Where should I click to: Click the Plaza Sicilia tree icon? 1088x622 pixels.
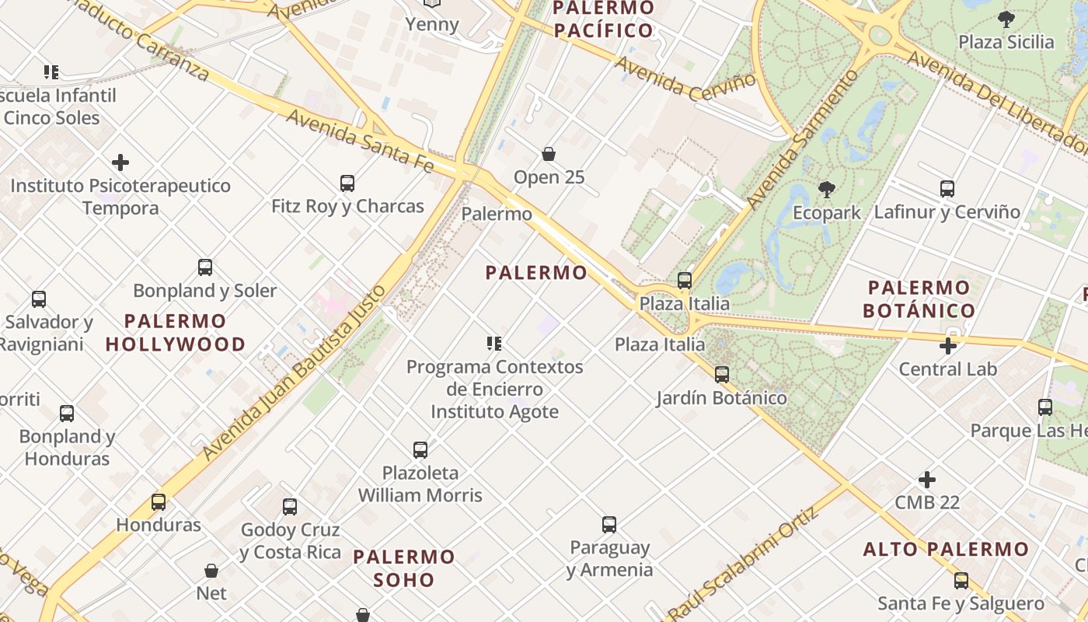pyautogui.click(x=1006, y=19)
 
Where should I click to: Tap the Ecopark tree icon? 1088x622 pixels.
pyautogui.click(x=827, y=190)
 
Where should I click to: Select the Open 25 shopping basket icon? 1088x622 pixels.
pyautogui.click(x=549, y=154)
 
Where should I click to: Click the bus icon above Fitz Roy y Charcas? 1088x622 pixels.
pyautogui.click(x=347, y=183)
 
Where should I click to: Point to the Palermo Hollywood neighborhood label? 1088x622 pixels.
pyautogui.click(x=176, y=332)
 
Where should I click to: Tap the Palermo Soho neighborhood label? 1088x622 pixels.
pyautogui.click(x=404, y=568)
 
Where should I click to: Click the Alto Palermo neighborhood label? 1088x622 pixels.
pyautogui.click(x=946, y=549)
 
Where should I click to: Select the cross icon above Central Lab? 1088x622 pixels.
pyautogui.click(x=948, y=346)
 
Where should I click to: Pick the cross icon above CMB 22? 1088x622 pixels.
pyautogui.click(x=927, y=480)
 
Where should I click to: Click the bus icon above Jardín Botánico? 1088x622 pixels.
pyautogui.click(x=722, y=375)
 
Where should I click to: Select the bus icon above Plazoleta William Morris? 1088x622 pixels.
pyautogui.click(x=420, y=449)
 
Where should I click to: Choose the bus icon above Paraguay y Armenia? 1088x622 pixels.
pyautogui.click(x=609, y=525)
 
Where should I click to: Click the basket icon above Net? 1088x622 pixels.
pyautogui.click(x=211, y=571)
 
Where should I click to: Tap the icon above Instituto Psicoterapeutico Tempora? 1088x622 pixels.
pyautogui.click(x=120, y=162)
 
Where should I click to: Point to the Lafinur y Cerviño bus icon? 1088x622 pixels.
pyautogui.click(x=947, y=188)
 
